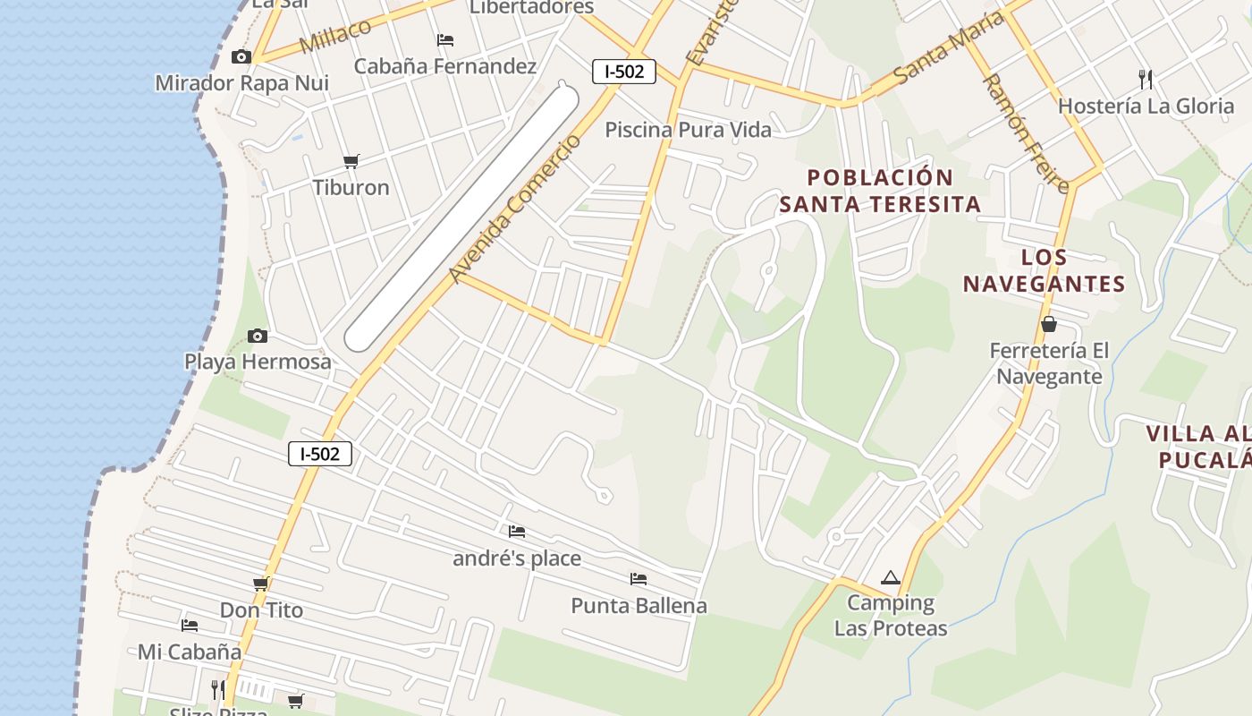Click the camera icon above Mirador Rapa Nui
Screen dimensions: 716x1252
[241, 57]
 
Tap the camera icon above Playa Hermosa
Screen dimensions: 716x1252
[258, 336]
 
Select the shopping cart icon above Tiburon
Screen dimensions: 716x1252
[351, 161]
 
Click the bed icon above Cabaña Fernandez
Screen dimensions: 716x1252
[445, 40]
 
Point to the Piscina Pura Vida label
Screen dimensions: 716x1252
[688, 130]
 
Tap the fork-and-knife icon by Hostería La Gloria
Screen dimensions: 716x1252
[1145, 79]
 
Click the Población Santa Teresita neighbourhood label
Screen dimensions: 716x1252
[880, 191]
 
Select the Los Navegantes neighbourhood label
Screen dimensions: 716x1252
[1044, 271]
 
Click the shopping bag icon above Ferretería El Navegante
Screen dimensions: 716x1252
[1048, 324]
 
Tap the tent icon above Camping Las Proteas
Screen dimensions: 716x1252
[889, 578]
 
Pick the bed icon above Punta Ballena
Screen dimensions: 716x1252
[639, 579]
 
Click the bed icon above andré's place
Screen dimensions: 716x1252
[517, 532]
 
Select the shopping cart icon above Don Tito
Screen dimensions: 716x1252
[261, 584]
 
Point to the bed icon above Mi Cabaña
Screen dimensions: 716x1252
[190, 625]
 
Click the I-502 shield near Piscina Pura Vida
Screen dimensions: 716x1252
[624, 72]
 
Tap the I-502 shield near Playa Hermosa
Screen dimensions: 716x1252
[320, 454]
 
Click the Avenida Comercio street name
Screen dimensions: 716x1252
[515, 208]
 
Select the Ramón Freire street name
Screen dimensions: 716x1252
[1026, 133]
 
